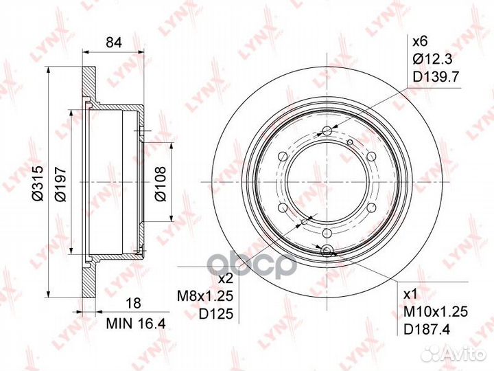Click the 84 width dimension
114,43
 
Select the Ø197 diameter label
60,185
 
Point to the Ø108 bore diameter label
161,183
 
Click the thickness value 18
133,303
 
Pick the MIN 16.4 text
136,324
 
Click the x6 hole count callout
420,41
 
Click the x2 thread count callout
225,278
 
